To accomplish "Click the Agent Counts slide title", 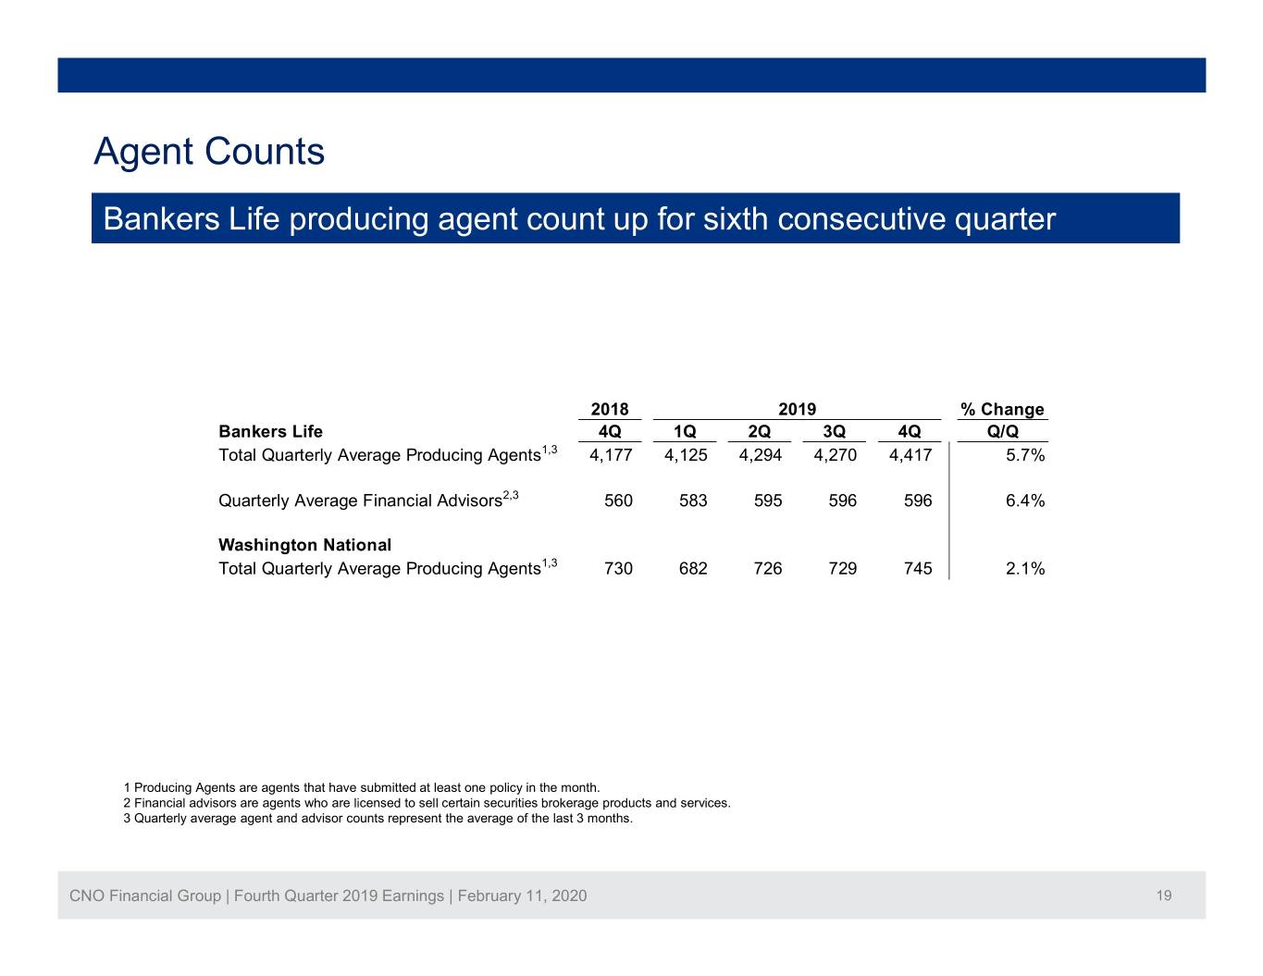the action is [x=209, y=151].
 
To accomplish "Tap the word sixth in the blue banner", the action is [x=736, y=219].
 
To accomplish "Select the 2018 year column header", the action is [x=609, y=409].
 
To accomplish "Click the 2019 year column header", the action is [x=797, y=409].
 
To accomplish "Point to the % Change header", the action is [x=1002, y=409].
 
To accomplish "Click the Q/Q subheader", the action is [x=1003, y=431].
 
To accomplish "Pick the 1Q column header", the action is [x=685, y=431].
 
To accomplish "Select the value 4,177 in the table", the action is [x=611, y=455].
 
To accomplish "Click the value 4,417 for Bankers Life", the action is [x=910, y=455].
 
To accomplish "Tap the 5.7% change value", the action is [x=1025, y=455].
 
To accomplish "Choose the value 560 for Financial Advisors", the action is [x=618, y=500].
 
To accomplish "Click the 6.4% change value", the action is [x=1025, y=500].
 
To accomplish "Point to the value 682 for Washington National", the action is [x=693, y=568].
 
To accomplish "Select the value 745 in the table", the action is [x=918, y=568].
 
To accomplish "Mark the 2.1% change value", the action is [x=1025, y=568].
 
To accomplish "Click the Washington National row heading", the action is [x=304, y=545].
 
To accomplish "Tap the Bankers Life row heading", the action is [x=270, y=431].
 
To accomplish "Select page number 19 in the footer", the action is [x=1164, y=896].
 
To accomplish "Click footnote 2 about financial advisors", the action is [x=427, y=803].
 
